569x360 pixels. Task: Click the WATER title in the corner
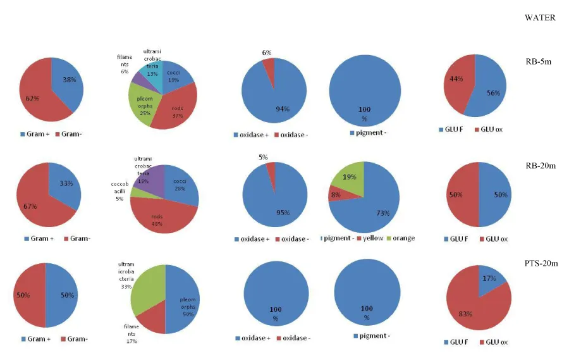(x=540, y=18)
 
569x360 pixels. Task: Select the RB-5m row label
(x=539, y=62)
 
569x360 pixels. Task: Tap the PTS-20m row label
(x=540, y=263)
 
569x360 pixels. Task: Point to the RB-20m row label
(x=539, y=166)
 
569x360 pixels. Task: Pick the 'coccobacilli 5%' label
(x=119, y=190)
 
